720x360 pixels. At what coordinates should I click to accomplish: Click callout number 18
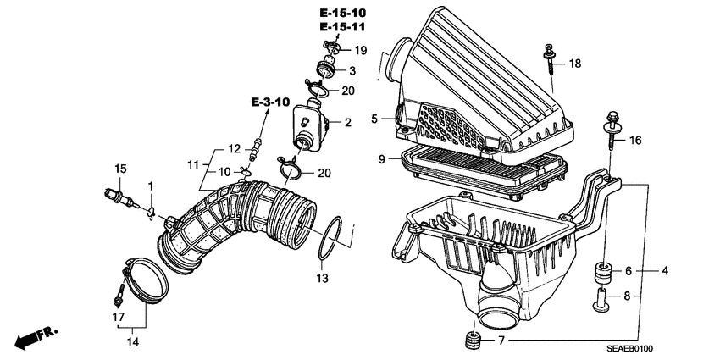coord(574,64)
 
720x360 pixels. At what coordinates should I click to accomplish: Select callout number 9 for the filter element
coord(381,158)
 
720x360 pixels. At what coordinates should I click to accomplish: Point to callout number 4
coord(665,271)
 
